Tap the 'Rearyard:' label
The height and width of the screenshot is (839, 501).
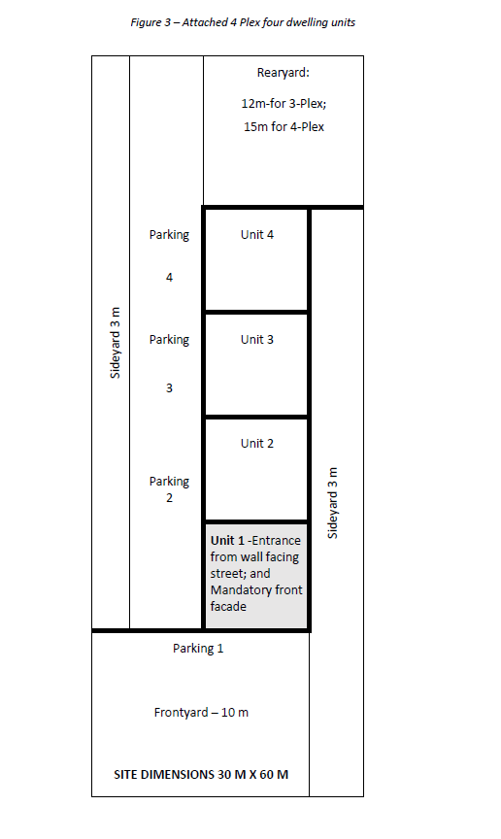pyautogui.click(x=284, y=73)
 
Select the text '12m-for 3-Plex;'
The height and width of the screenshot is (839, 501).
pyautogui.click(x=284, y=103)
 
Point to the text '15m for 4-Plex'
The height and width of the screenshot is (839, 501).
pyautogui.click(x=284, y=127)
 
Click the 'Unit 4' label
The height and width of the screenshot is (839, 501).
pyautogui.click(x=257, y=234)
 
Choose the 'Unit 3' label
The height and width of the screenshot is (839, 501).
pyautogui.click(x=257, y=339)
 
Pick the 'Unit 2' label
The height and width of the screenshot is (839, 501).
pyautogui.click(x=257, y=443)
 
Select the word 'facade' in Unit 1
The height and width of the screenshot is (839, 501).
pyautogui.click(x=228, y=606)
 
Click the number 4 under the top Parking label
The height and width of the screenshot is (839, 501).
pyautogui.click(x=169, y=277)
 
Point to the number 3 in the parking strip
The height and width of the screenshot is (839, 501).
pyautogui.click(x=169, y=387)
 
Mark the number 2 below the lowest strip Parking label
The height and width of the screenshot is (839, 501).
pyautogui.click(x=169, y=497)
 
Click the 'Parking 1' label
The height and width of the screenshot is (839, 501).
pyautogui.click(x=198, y=649)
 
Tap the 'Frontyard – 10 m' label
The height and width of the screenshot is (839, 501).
pyautogui.click(x=201, y=712)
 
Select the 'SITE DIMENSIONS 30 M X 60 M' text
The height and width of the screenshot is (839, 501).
pyautogui.click(x=201, y=774)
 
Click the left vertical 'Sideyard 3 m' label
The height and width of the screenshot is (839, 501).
pyautogui.click(x=116, y=343)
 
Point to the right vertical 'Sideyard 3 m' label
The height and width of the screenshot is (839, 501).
pyautogui.click(x=332, y=503)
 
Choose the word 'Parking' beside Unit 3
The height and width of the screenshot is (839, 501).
pyautogui.click(x=169, y=340)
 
